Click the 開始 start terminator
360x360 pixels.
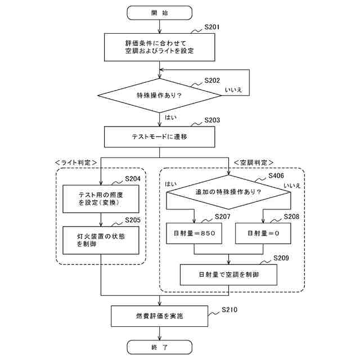click(160, 13)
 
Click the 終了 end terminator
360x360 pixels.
click(160, 347)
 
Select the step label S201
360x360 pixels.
click(212, 27)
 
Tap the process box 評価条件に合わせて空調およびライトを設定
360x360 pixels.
click(160, 47)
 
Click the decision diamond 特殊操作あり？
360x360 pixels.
click(160, 96)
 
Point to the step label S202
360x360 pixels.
click(212, 80)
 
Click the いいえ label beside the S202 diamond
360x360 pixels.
click(233, 90)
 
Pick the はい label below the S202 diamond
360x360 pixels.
click(171, 118)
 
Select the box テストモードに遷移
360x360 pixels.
click(160, 137)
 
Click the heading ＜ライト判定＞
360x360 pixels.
click(76, 163)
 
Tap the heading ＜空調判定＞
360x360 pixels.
click(254, 163)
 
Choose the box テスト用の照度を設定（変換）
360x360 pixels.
click(101, 199)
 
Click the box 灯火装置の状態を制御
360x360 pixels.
click(101, 240)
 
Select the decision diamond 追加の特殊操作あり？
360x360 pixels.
click(228, 192)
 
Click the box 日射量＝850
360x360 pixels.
click(194, 233)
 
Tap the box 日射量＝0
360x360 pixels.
click(263, 233)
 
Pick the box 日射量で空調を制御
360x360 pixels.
click(228, 275)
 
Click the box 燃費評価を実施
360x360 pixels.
click(160, 316)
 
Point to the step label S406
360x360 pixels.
click(276, 176)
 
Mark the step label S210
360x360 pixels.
click(229, 310)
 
